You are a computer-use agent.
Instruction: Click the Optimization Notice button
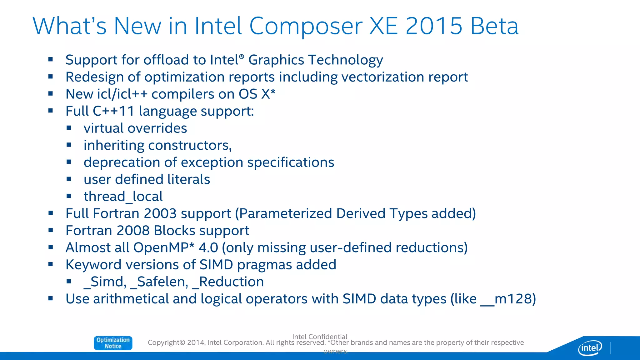point(113,343)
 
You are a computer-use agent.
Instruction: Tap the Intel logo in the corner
point(590,348)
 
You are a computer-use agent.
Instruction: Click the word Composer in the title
point(306,26)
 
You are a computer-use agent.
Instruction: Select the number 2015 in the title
point(434,26)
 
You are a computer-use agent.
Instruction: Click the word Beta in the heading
point(494,26)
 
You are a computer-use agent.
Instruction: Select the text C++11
point(114,111)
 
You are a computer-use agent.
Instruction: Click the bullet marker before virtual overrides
point(69,128)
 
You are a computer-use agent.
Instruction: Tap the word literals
point(188,179)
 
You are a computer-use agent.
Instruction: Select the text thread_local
point(123,197)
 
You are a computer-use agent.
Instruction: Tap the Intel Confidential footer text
point(320,337)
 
